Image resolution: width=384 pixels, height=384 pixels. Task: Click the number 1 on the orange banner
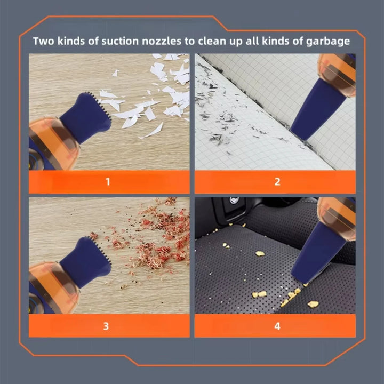click(108, 182)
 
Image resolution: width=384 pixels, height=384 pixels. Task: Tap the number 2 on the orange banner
click(277, 182)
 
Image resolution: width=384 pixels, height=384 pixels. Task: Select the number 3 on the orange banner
click(106, 326)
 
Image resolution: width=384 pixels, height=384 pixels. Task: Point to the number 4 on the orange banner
click(277, 326)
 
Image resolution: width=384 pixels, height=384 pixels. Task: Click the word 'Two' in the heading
click(44, 41)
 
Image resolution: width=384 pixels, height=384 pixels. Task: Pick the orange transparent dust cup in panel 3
click(53, 289)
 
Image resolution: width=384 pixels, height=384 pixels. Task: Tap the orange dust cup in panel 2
click(337, 75)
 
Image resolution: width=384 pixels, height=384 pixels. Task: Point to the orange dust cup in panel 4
click(337, 219)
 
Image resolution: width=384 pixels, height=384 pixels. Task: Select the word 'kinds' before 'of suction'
click(71, 41)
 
